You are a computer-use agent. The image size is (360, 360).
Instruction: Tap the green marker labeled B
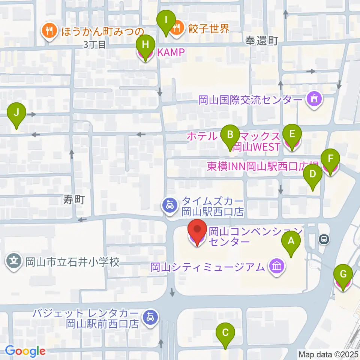tap(230, 134)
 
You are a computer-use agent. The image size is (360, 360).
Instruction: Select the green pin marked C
tap(225, 332)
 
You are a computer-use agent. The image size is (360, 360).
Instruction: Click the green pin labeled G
tap(343, 274)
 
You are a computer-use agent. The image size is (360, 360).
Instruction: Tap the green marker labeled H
tap(145, 45)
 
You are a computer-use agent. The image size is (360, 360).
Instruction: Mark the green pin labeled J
tap(16, 112)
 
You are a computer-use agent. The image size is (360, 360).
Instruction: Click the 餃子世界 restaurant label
tap(209, 28)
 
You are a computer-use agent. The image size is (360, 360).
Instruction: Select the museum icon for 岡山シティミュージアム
tap(277, 267)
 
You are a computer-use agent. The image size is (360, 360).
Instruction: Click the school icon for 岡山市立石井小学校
tap(14, 261)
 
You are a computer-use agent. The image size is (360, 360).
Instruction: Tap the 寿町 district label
tap(74, 200)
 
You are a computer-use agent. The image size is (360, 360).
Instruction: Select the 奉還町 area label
tap(261, 40)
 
